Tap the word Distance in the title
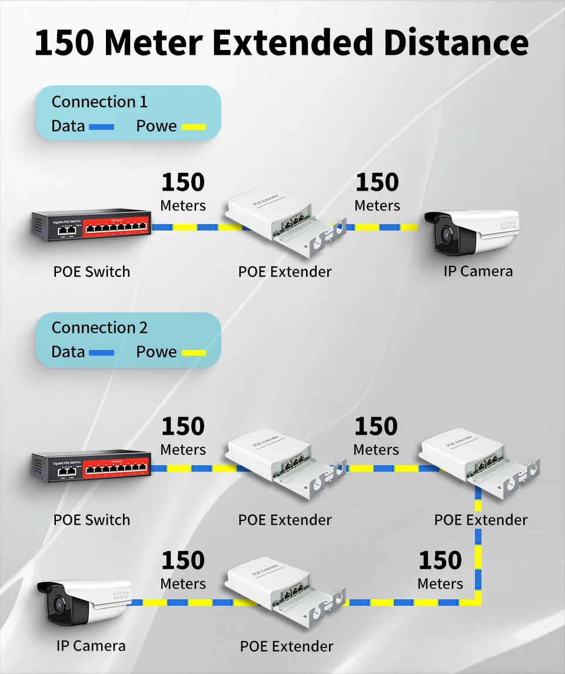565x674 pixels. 453,42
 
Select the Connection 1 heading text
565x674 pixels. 99,102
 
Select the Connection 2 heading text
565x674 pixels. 99,328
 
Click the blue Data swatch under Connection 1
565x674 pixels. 101,126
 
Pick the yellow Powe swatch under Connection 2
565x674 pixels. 194,353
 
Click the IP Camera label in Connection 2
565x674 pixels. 91,646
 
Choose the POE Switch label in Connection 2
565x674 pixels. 91,520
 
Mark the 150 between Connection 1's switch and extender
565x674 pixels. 183,182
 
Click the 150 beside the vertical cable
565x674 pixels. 440,561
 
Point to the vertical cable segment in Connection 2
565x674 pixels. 478,547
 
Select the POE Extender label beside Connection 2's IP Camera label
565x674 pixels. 287,646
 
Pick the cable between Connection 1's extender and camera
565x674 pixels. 383,227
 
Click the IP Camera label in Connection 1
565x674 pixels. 478,271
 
